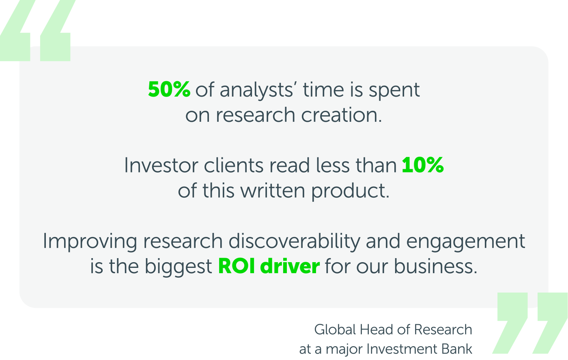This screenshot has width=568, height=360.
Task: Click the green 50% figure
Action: (x=169, y=89)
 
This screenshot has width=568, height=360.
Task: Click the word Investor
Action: (x=161, y=166)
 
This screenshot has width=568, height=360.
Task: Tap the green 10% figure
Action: (x=423, y=165)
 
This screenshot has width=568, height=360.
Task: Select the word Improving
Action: (x=90, y=241)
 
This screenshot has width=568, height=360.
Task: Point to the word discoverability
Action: (x=294, y=241)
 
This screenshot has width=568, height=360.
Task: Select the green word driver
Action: (x=290, y=266)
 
